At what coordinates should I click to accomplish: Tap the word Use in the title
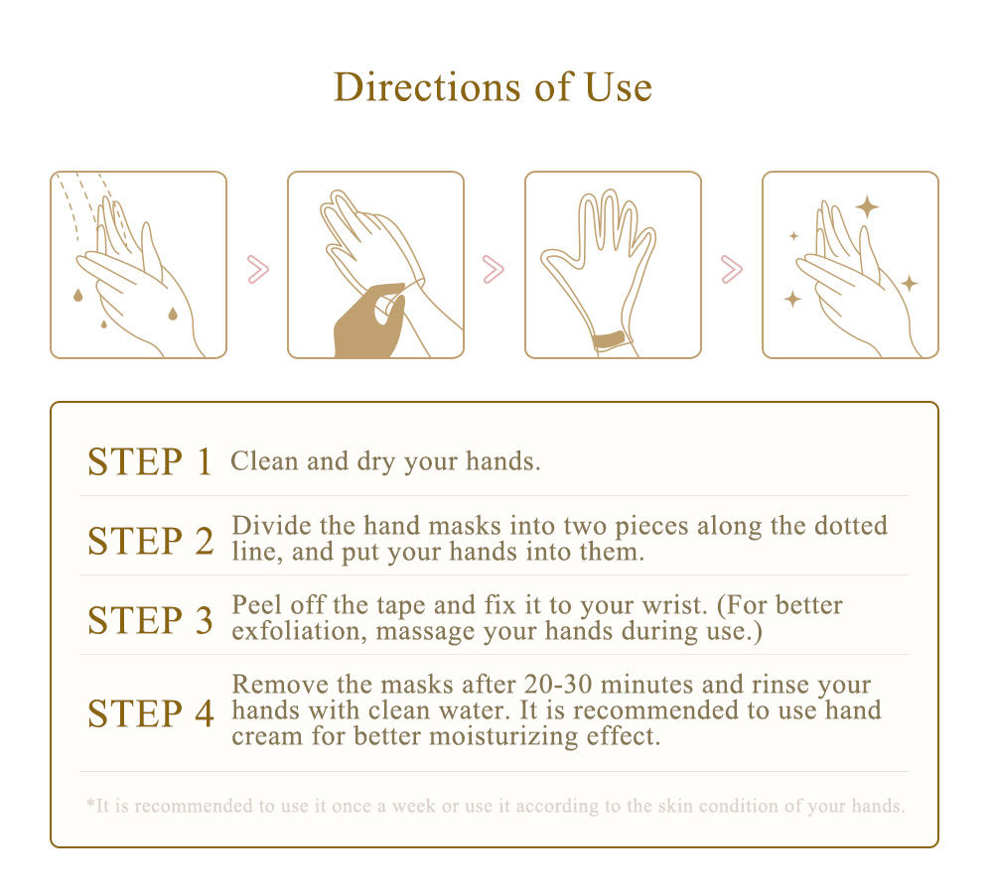[618, 86]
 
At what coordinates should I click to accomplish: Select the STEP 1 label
[150, 461]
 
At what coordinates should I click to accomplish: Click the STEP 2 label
[151, 541]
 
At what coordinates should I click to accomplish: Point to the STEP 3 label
[150, 620]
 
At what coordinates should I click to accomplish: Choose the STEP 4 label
[151, 713]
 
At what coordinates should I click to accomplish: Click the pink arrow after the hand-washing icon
[258, 270]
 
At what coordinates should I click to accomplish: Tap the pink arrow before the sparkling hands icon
[732, 270]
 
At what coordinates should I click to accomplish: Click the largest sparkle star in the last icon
[867, 207]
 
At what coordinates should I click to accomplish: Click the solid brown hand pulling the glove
[369, 321]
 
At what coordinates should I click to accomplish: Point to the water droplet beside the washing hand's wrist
[172, 314]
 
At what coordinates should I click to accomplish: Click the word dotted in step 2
[851, 526]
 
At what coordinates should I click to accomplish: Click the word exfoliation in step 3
[299, 631]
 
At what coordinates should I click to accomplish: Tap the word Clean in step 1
[264, 461]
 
